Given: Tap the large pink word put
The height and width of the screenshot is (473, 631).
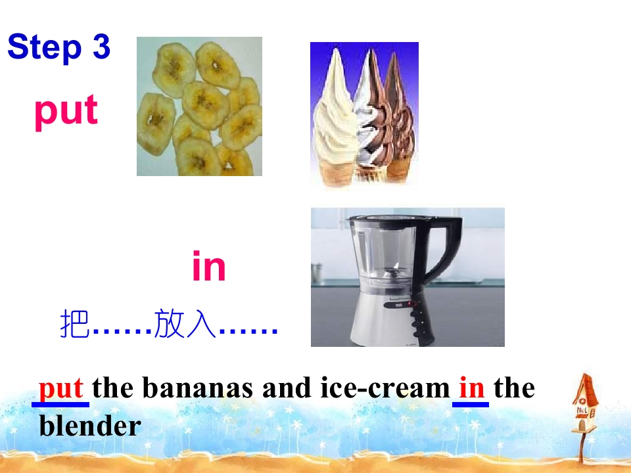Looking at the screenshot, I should coord(66,110).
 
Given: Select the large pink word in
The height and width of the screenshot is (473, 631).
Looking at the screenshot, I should coord(209,267).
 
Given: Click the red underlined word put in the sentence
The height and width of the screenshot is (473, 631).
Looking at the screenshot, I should coord(60,388).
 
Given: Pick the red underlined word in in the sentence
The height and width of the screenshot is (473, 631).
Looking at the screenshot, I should coord(471,388).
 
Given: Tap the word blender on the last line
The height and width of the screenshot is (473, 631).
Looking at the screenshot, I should coord(90,426).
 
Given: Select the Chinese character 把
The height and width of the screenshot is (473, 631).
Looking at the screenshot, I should coord(74,325).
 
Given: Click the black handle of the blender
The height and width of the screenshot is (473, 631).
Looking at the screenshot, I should coord(447,250).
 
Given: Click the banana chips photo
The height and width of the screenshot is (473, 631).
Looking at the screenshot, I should coord(199,106).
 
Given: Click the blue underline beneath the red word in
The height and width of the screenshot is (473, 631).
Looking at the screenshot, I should coord(471,404).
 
